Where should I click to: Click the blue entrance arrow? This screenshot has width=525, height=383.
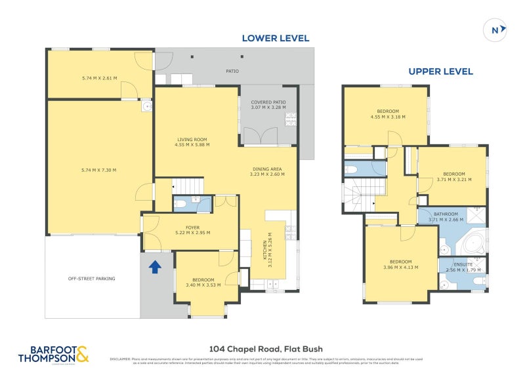coord(155,267)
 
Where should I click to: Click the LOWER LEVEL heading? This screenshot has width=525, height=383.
coord(276,38)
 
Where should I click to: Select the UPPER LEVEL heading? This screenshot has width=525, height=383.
coord(440,71)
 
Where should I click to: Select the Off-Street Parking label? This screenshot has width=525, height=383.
coord(92,279)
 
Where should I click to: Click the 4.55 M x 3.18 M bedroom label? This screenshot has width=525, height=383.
coord(387,114)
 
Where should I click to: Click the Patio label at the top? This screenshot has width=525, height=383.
coord(232,71)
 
